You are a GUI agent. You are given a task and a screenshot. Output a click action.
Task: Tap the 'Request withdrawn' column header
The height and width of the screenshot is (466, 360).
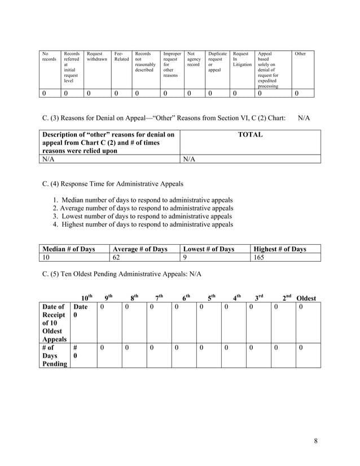coord(96,56)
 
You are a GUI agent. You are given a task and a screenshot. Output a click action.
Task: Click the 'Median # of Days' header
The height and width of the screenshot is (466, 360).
coord(67,249)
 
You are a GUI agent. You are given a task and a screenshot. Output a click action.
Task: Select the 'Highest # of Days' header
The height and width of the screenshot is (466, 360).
coord(280,249)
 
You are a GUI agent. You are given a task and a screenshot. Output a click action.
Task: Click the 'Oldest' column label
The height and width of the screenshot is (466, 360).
coord(306,298)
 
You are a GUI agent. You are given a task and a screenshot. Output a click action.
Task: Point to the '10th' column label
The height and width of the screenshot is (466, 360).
coord(86,298)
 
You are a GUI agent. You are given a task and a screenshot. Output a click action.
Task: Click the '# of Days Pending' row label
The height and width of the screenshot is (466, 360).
coord(54,356)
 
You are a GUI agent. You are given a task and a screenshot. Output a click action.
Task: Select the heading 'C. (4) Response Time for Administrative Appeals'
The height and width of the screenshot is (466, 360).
coord(113,184)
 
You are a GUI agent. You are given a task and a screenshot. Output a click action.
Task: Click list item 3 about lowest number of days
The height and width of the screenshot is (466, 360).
coord(142,216)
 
